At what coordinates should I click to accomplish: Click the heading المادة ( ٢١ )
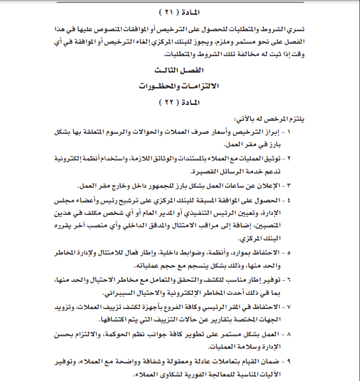(x=180, y=11)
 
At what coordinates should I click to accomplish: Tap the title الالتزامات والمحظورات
(x=180, y=87)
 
